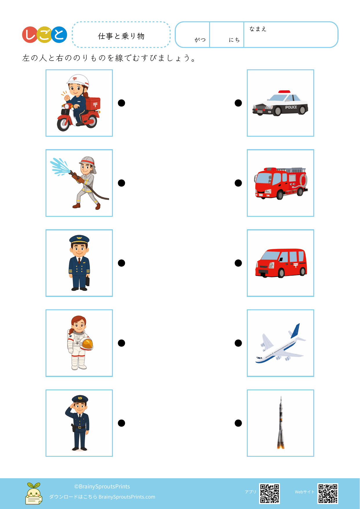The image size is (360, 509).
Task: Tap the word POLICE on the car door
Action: pos(291,107)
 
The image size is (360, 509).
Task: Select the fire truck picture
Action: pos(281,183)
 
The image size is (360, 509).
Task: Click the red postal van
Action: pos(281,263)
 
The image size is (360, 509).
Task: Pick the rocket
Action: pos(281,423)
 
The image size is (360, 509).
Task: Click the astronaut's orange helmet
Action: pos(86,344)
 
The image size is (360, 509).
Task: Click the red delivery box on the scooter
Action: pos(93,104)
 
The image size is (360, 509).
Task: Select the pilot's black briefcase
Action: pos(88,281)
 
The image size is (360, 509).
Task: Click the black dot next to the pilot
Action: pos(122,263)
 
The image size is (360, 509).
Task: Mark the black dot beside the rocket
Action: pos(238,423)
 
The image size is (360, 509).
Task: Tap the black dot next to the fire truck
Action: pos(238,183)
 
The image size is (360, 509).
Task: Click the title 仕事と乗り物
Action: pos(121,36)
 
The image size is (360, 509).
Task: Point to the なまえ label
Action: pos(258,29)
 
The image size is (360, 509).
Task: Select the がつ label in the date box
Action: pos(200,40)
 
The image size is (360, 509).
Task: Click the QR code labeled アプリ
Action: pos(269,493)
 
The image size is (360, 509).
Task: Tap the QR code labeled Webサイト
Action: pos(328,493)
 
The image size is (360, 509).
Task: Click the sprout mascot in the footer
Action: pos(34,493)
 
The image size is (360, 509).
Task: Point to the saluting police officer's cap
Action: pos(80,399)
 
